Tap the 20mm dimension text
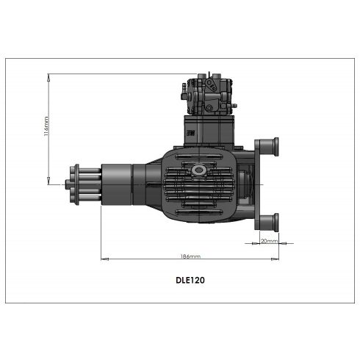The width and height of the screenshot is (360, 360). (x=269, y=240)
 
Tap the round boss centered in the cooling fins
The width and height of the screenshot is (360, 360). (x=197, y=170)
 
